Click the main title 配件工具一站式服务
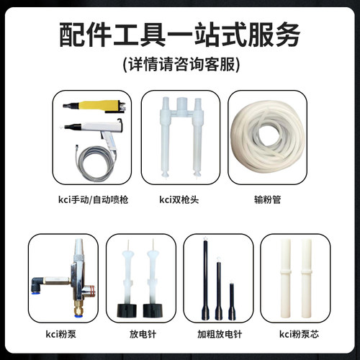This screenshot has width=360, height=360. pos(179,35)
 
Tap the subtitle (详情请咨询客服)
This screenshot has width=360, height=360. pos(181,64)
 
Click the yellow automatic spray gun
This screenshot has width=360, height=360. pos(94,107)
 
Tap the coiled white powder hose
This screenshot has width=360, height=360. pos(267,138)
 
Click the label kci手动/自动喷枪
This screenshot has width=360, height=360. pos(93,199)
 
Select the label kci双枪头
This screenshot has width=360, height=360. pos(179,199)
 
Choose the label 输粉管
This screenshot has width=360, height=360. pos(267,199)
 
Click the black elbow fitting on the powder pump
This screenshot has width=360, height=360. pos(38,285)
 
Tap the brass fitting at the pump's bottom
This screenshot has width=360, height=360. pos(78,310)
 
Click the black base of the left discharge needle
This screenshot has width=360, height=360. pos(127,310)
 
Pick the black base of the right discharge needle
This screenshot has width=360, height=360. pos(153,310)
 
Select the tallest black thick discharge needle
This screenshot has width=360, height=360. pos(205,279)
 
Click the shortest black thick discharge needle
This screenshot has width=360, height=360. pos(232,301)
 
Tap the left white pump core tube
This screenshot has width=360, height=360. pos(285,278)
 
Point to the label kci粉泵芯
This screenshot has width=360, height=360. pos(299,334)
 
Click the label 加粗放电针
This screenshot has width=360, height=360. pos(220,334)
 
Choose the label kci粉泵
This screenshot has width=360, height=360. pos(61,334)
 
